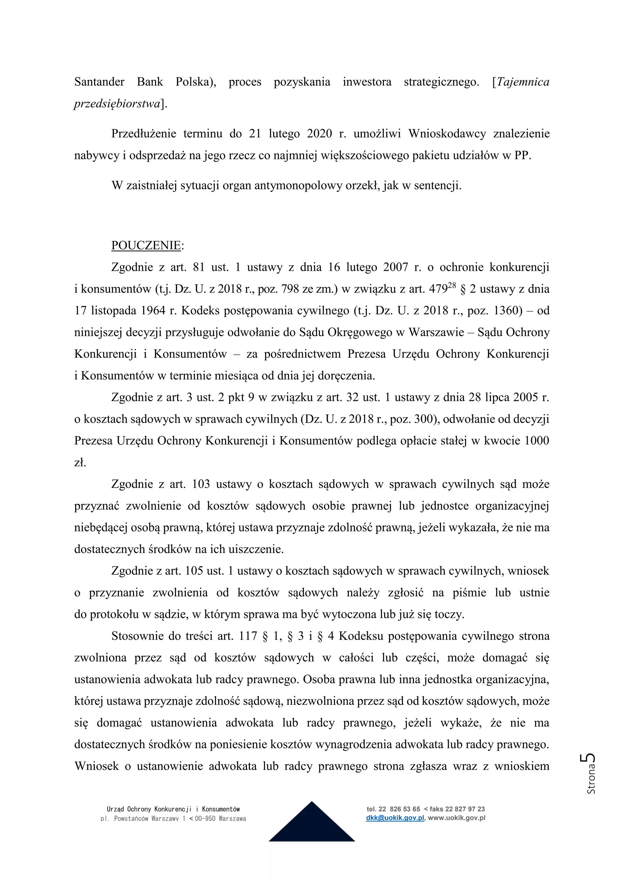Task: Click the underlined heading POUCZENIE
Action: coord(146,245)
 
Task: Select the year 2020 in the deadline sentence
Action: coord(319,134)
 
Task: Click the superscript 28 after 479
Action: coord(452,285)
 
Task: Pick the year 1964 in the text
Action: coord(153,310)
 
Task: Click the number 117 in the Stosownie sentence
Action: coord(248,636)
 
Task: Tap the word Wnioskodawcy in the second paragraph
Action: coord(447,134)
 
